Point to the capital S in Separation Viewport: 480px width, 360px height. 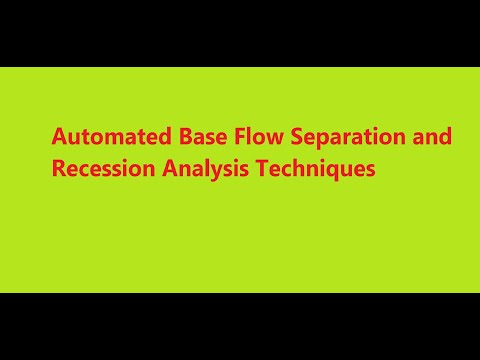[279, 137]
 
